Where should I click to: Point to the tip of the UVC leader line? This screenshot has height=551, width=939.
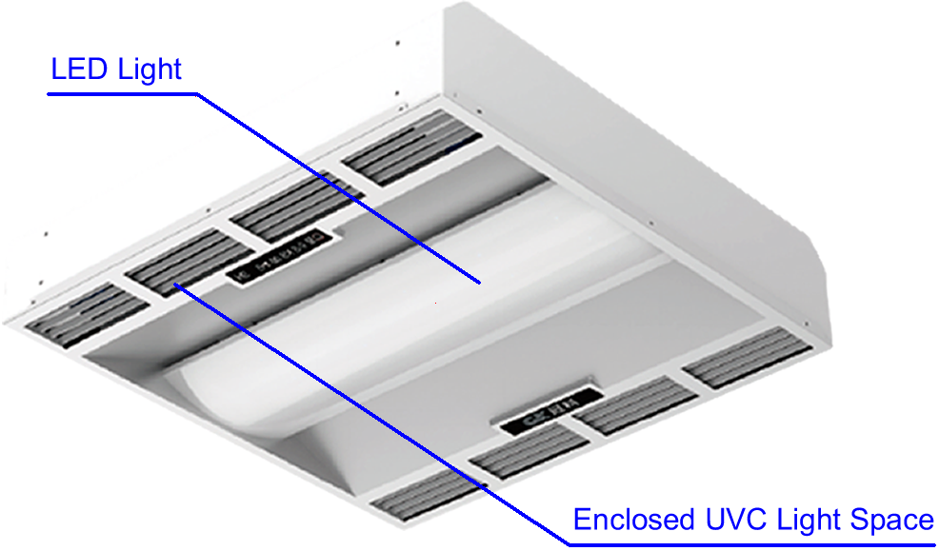(x=175, y=285)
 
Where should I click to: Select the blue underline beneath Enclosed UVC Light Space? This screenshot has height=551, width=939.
(x=752, y=543)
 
